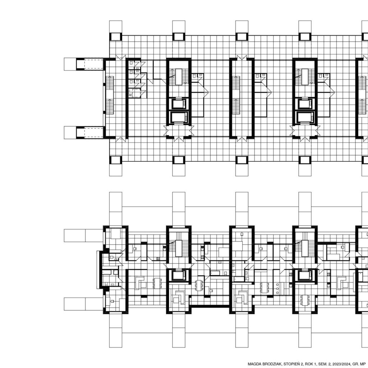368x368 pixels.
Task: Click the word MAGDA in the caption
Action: coord(253,364)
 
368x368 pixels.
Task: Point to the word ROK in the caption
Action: coord(309,364)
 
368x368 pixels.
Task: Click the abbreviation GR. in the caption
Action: coord(355,364)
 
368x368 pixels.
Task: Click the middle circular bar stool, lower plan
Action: coord(277,289)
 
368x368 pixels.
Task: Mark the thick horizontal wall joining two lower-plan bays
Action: coord(210,306)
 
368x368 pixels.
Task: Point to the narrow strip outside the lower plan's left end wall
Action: coord(98,270)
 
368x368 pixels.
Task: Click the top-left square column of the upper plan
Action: coord(116,37)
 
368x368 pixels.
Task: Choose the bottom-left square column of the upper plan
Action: coord(116,160)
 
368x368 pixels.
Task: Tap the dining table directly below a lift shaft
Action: coord(305,300)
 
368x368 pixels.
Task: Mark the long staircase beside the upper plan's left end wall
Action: coord(110,95)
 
